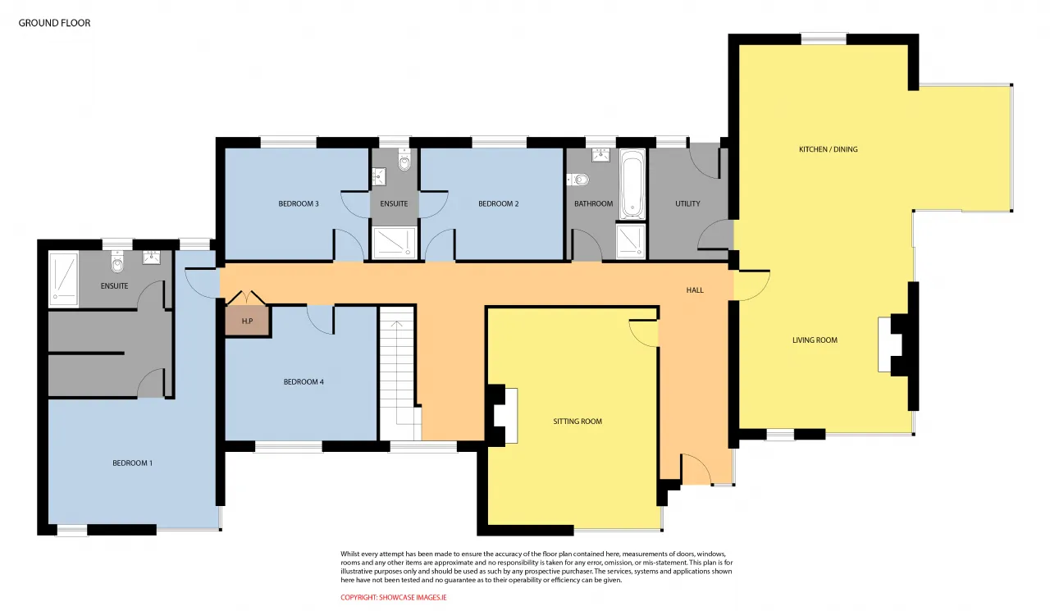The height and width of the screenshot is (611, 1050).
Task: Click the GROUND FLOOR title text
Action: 54,23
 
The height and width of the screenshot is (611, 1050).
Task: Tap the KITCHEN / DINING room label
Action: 829,149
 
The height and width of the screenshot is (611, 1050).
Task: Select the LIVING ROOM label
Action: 815,340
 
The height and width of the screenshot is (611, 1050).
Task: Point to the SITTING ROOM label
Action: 577,422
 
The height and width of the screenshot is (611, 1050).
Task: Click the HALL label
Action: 695,290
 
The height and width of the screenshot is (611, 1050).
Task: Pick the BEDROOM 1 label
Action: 132,463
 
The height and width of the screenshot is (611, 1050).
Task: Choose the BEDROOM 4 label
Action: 304,382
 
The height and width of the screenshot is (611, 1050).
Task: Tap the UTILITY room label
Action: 687,204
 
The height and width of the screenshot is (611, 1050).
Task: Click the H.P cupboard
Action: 247,321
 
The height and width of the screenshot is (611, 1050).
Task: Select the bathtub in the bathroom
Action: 632,185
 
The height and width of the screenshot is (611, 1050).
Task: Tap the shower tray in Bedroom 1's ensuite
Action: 63,280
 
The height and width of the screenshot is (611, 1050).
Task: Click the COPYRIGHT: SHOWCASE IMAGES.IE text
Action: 393,597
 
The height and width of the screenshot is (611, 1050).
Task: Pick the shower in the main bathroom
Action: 631,241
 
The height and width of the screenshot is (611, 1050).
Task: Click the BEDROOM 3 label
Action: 298,204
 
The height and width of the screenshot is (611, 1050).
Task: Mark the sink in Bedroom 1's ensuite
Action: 152,258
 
